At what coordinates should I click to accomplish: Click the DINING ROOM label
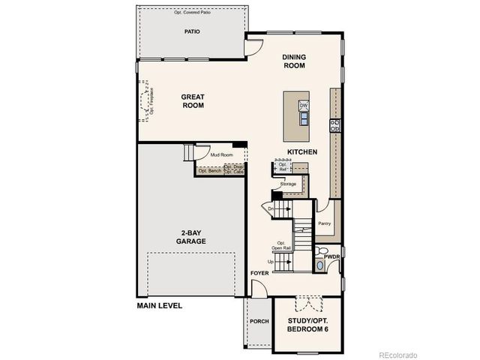pyautogui.click(x=295, y=61)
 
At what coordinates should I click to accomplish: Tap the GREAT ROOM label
pyautogui.click(x=192, y=101)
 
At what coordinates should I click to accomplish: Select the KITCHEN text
pyautogui.click(x=302, y=152)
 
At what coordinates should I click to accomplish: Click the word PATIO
pyautogui.click(x=193, y=32)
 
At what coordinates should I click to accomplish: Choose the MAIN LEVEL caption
pyautogui.click(x=159, y=306)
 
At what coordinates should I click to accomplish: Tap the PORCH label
pyautogui.click(x=259, y=321)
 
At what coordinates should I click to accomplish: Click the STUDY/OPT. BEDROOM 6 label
pyautogui.click(x=308, y=325)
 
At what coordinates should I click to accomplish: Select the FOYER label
pyautogui.click(x=259, y=273)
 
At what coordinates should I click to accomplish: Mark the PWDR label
pyautogui.click(x=332, y=256)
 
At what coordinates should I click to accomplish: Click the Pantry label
pyautogui.click(x=325, y=223)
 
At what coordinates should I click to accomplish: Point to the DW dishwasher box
pyautogui.click(x=304, y=106)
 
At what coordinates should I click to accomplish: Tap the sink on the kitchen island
pyautogui.click(x=304, y=116)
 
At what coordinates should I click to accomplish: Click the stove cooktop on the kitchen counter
pyautogui.click(x=335, y=125)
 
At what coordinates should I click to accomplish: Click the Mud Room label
pyautogui.click(x=221, y=155)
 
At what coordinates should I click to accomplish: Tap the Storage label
pyautogui.click(x=288, y=183)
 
